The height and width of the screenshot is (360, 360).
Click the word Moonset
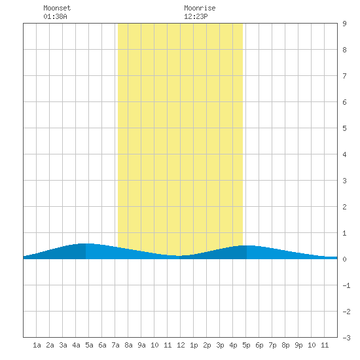[57, 8]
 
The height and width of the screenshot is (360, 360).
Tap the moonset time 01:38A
[55, 16]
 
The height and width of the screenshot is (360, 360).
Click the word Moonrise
[200, 8]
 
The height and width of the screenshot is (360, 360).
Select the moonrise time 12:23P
[196, 16]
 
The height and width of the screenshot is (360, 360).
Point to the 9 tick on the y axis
[344, 24]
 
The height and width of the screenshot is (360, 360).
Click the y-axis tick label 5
[344, 128]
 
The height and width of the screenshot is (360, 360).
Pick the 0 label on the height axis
[344, 259]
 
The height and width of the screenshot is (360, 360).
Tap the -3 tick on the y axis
[346, 338]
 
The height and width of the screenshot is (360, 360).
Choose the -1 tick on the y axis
[346, 285]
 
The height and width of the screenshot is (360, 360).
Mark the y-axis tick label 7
[344, 76]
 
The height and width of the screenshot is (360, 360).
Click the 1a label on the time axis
[37, 345]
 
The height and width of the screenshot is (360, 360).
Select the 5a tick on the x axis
[89, 345]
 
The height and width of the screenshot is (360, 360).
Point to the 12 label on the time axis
[181, 345]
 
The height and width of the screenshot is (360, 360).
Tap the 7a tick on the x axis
[115, 345]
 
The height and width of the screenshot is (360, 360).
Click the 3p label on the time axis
[220, 345]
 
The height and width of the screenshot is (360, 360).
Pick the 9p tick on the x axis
[298, 345]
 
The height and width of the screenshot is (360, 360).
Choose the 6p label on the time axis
[259, 345]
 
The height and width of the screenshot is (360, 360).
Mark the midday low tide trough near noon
[179, 256]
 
